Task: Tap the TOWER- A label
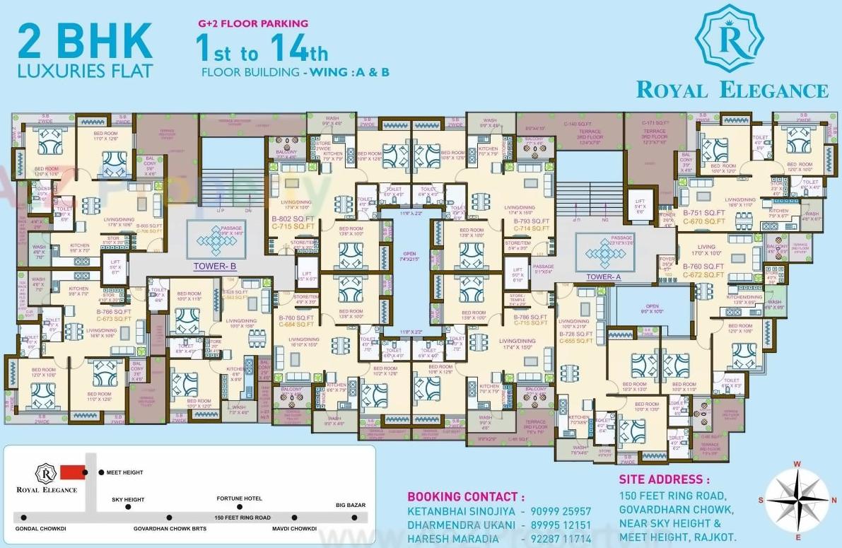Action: pyautogui.click(x=603, y=277)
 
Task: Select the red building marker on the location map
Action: pyautogui.click(x=71, y=472)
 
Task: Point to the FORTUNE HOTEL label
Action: pyautogui.click(x=239, y=498)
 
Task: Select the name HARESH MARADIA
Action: pyautogui.click(x=453, y=539)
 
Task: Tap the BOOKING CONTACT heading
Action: pyautogui.click(x=466, y=496)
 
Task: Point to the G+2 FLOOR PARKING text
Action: pyautogui.click(x=252, y=23)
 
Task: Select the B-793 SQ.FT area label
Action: pyautogui.click(x=531, y=221)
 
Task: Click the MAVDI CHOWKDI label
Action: pyautogui.click(x=294, y=528)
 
